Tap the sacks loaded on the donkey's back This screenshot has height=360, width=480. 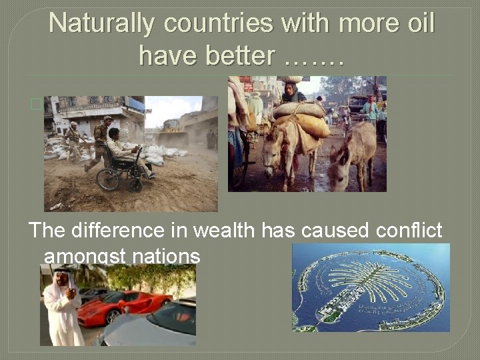tap(301, 116)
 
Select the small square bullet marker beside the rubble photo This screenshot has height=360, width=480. tap(35, 104)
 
